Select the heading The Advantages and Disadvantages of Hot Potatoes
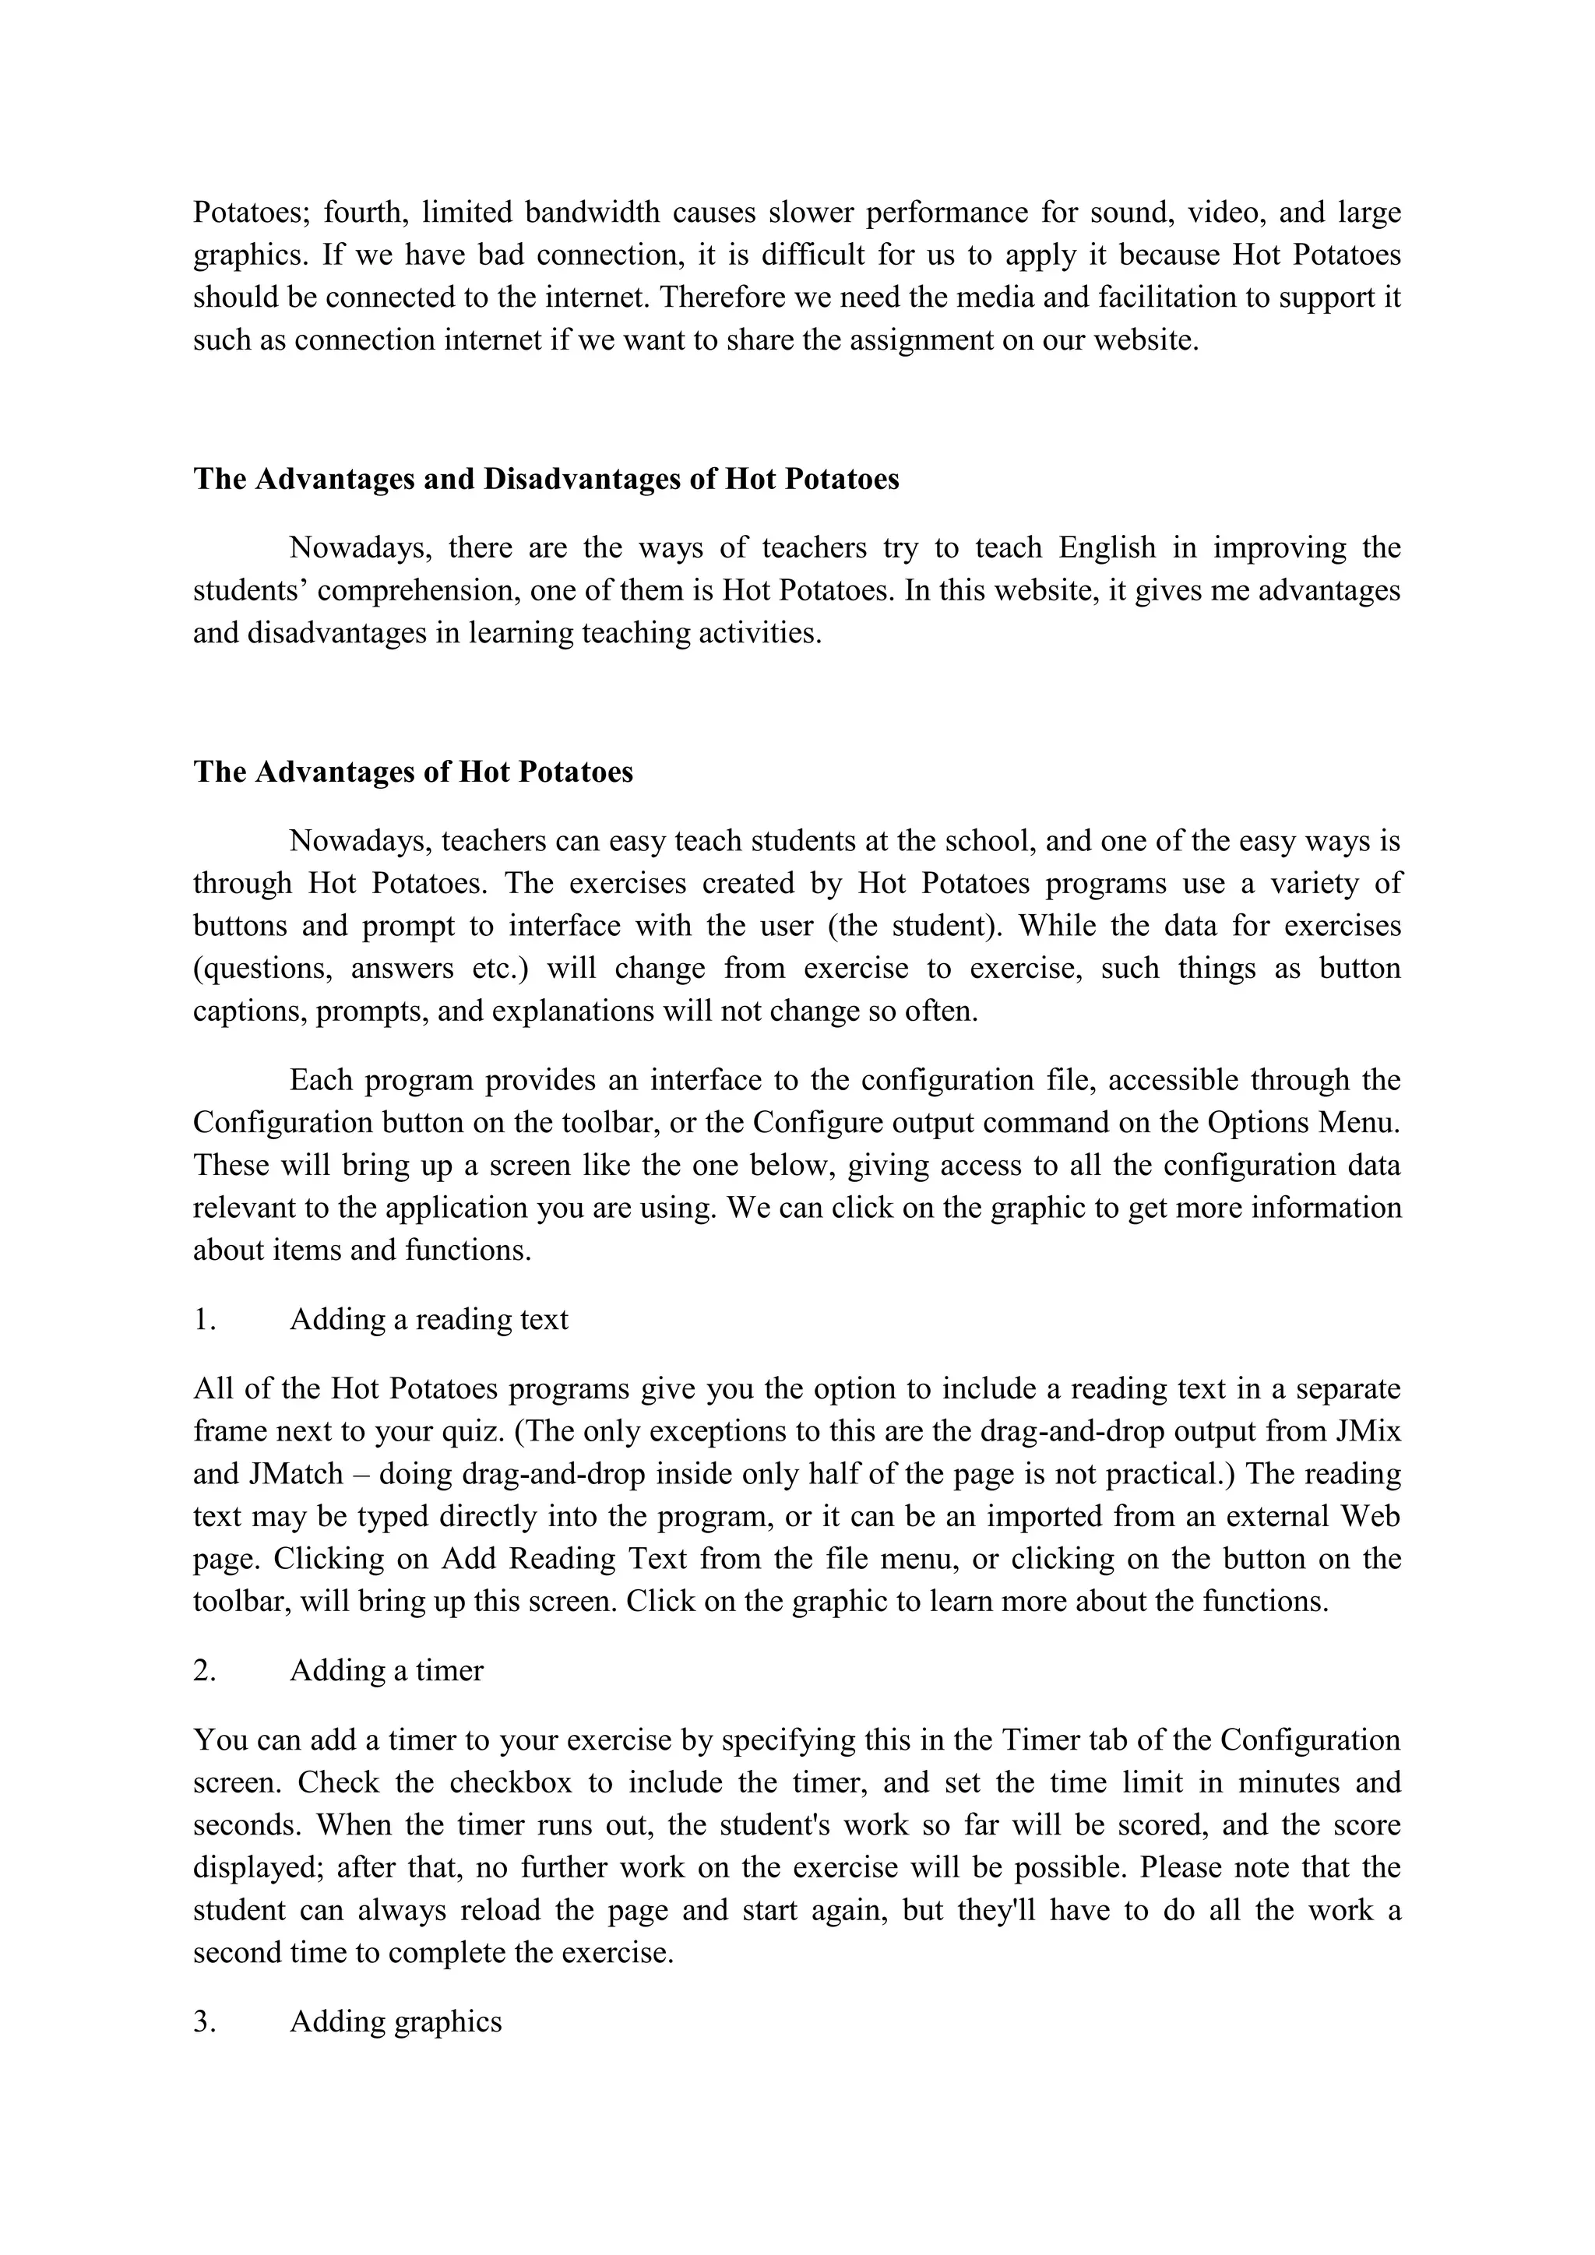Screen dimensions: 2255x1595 click(x=545, y=480)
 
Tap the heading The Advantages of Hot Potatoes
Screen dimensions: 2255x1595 click(x=413, y=772)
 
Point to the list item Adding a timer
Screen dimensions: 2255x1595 click(x=386, y=1671)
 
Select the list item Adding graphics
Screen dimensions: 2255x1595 click(x=396, y=2021)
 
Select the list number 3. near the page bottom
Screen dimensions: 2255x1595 click(x=204, y=2021)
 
